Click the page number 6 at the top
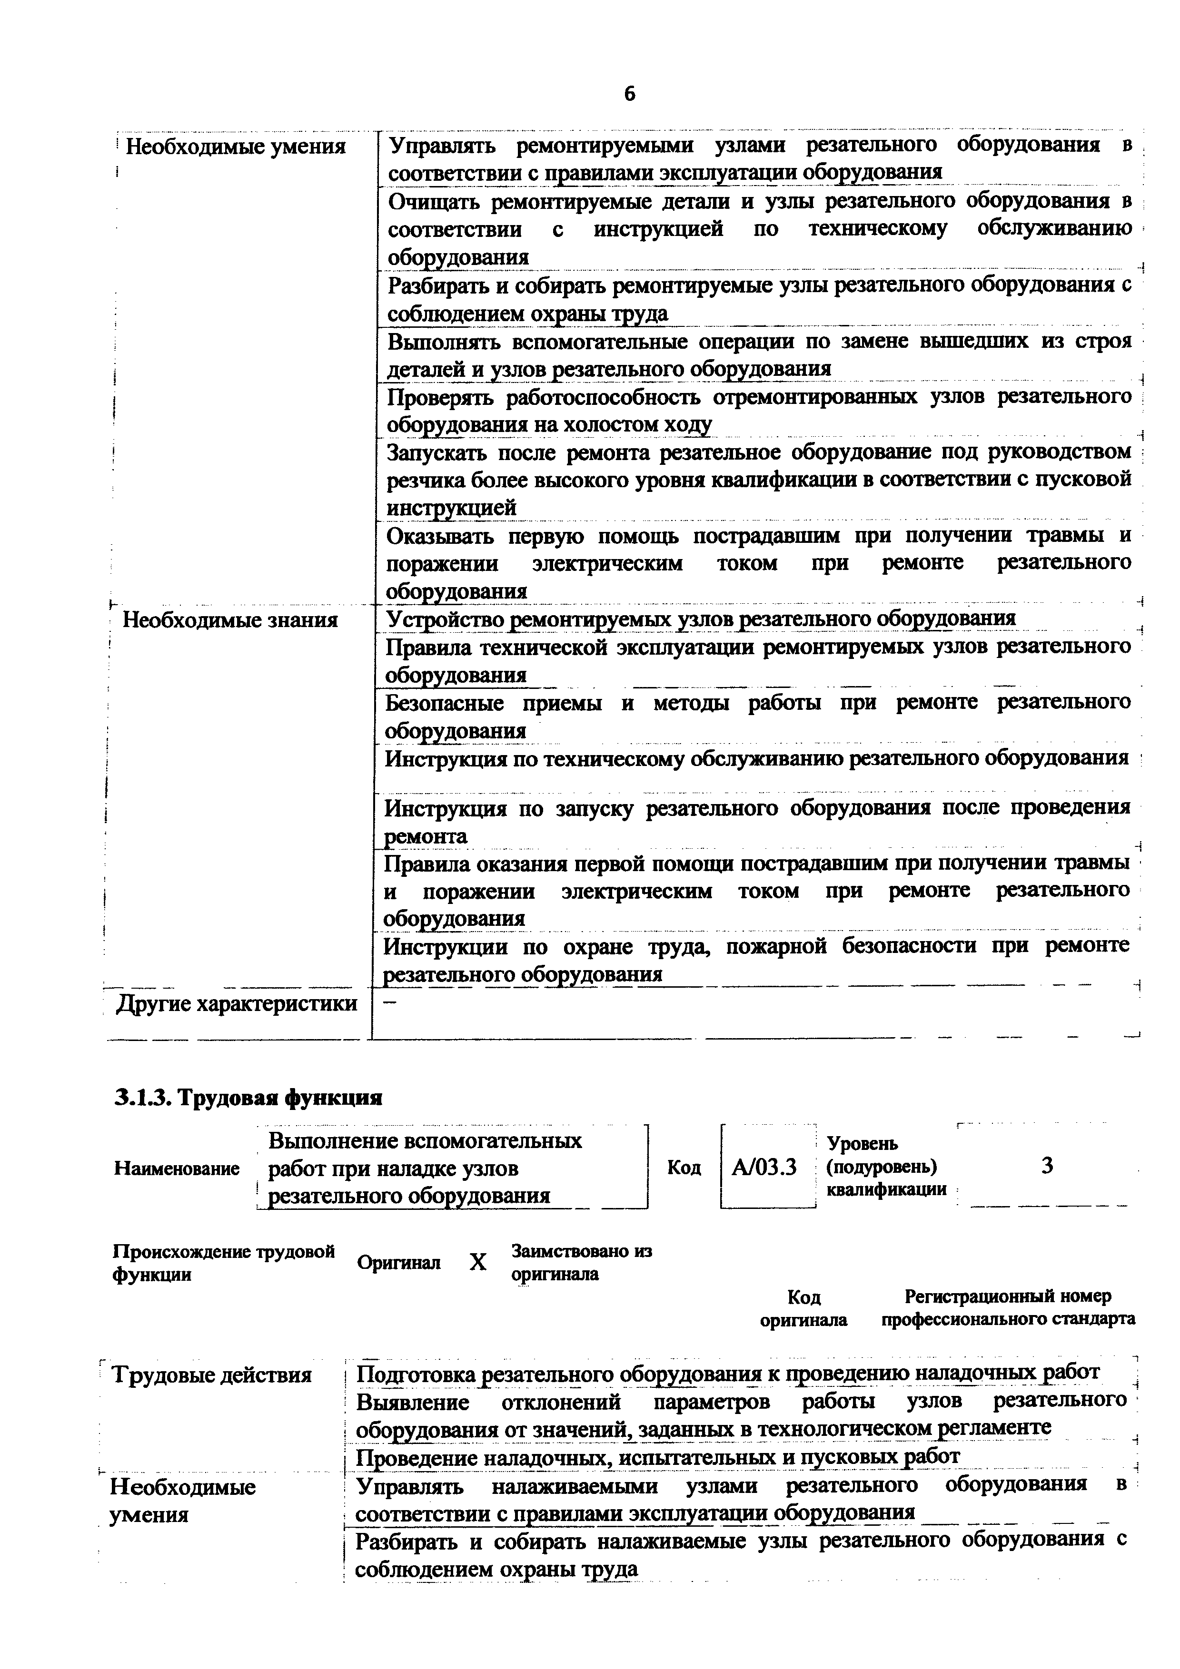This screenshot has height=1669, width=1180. tap(629, 94)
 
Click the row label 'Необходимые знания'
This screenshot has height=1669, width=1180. tap(230, 620)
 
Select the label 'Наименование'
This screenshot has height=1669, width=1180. tap(177, 1168)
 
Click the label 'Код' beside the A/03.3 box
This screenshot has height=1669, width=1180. tap(684, 1168)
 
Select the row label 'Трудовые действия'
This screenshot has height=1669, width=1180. tap(211, 1375)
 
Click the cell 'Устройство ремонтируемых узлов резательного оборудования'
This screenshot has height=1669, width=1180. tap(700, 619)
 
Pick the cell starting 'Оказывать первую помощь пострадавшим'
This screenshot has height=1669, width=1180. tap(758, 563)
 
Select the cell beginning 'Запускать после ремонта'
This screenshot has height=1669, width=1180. tap(758, 480)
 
